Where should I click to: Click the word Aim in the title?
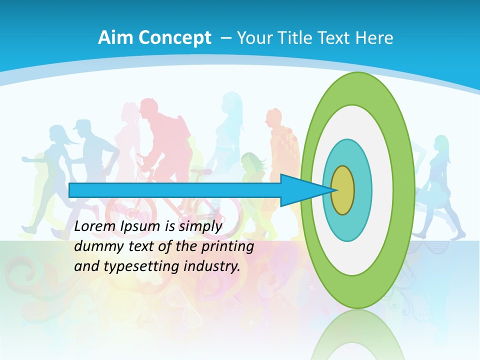pyautogui.click(x=111, y=37)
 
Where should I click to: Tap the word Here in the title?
pyautogui.click(x=374, y=37)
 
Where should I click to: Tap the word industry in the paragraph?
pyautogui.click(x=210, y=266)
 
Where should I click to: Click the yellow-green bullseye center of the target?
pyautogui.click(x=342, y=190)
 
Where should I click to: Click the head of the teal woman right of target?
pyautogui.click(x=441, y=143)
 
